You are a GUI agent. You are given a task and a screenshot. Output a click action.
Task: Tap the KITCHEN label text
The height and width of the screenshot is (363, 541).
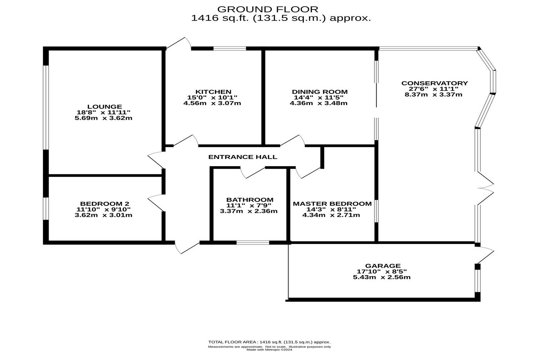tap(213, 92)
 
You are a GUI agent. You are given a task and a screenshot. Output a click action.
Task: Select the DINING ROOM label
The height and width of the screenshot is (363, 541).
tap(320, 92)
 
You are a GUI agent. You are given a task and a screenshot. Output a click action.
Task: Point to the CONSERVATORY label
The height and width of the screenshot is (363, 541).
tap(435, 83)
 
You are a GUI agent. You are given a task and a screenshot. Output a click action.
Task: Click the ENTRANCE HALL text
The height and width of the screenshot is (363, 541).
tap(243, 157)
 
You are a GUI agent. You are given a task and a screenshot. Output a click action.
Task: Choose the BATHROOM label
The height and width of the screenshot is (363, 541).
tap(250, 200)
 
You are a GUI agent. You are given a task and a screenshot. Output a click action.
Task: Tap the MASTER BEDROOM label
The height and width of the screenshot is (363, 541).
tap(332, 204)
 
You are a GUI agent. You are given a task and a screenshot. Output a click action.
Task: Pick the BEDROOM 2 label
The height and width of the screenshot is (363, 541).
tap(105, 204)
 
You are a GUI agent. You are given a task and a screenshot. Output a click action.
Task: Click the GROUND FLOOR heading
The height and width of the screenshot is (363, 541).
tap(268, 9)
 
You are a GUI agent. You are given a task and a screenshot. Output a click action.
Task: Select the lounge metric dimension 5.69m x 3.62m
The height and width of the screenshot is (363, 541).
tap(103, 118)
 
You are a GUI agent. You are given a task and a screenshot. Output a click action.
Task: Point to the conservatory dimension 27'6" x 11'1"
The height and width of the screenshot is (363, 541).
tap(434, 89)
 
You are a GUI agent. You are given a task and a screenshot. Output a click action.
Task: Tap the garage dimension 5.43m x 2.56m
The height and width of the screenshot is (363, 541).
tap(382, 277)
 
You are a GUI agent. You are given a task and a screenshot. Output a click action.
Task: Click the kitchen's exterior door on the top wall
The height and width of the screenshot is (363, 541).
tap(179, 44)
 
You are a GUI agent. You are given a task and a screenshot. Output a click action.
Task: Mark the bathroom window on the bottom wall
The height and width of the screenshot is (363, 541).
tap(253, 242)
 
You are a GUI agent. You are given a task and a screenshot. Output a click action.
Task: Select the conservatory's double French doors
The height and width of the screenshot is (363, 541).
tap(485, 187)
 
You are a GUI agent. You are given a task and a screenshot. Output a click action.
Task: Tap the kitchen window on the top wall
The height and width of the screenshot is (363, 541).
tap(229, 48)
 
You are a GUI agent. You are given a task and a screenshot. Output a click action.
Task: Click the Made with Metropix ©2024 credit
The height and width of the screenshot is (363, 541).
tap(269, 350)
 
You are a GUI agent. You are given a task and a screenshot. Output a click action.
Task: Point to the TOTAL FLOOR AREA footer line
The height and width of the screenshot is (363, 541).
tap(269, 342)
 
